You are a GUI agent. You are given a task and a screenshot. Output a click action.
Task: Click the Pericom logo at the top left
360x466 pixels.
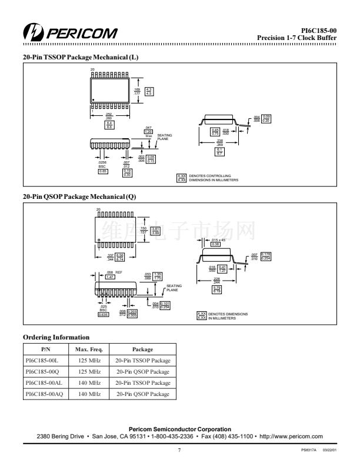[x=69, y=31]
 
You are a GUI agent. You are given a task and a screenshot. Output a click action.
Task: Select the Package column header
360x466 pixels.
[x=142, y=349]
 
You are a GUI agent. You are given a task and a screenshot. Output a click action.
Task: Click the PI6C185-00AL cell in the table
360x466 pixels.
[x=46, y=382]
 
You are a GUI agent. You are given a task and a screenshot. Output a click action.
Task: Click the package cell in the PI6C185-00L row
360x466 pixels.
[x=142, y=360]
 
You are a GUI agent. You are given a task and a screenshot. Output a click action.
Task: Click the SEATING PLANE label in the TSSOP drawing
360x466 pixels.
[x=165, y=137]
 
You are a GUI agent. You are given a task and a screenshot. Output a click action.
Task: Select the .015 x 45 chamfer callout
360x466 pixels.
[x=219, y=240]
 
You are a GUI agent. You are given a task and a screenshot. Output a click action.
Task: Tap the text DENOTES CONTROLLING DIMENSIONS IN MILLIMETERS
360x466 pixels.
[x=213, y=178]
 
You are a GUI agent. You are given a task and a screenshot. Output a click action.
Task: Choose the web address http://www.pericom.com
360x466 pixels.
[x=291, y=436]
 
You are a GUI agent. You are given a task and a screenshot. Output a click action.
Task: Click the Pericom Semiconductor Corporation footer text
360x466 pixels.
[x=179, y=429]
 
